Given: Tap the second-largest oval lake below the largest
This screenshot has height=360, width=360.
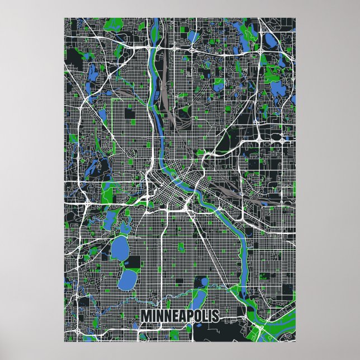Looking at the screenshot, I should coord(127,277).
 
